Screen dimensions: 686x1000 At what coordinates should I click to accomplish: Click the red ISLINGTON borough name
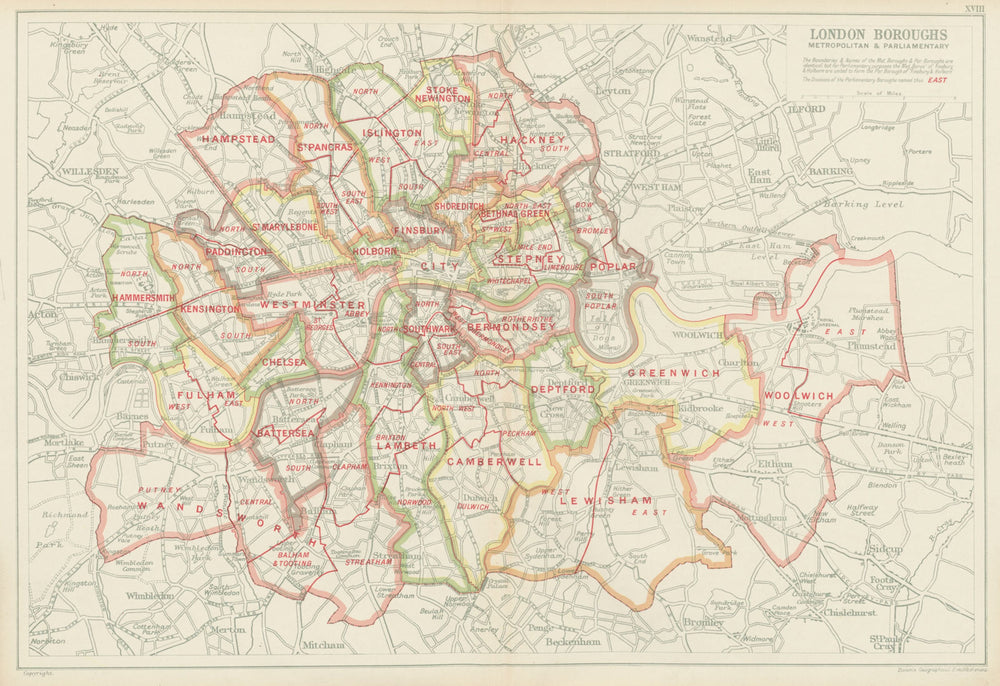point(392,132)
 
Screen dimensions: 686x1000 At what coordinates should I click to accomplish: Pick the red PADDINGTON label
point(237,251)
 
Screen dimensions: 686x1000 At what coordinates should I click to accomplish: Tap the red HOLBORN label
point(373,252)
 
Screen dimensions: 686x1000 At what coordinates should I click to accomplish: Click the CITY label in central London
point(440,266)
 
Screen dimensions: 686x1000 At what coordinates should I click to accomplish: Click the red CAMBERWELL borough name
point(493,462)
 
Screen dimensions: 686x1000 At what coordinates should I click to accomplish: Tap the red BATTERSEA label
point(285,432)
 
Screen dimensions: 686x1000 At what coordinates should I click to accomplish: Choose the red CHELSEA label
point(282,361)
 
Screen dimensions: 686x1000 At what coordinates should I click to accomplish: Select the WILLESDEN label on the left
point(90,171)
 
